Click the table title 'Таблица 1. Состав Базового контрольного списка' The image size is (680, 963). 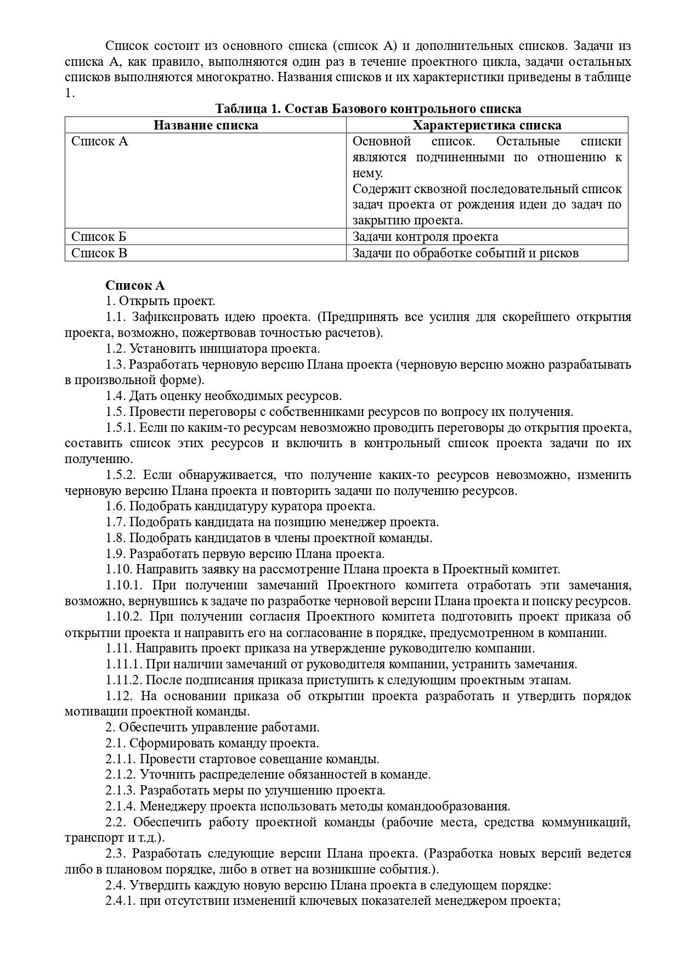click(x=368, y=109)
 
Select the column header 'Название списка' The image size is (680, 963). click(x=206, y=125)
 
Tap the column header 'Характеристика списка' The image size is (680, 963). click(x=486, y=125)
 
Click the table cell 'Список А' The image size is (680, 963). click(x=100, y=142)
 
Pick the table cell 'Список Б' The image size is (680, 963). click(x=99, y=237)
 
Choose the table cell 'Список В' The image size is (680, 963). click(x=99, y=253)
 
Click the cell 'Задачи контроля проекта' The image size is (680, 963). click(x=426, y=237)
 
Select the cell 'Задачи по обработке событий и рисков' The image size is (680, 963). click(x=466, y=253)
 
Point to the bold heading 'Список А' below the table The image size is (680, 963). click(x=135, y=285)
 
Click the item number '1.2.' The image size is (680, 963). click(x=116, y=349)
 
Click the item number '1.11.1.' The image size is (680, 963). click(x=123, y=664)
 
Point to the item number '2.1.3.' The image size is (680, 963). click(x=121, y=791)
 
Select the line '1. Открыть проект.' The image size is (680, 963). click(x=161, y=301)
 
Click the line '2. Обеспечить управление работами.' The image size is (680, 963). click(x=213, y=728)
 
